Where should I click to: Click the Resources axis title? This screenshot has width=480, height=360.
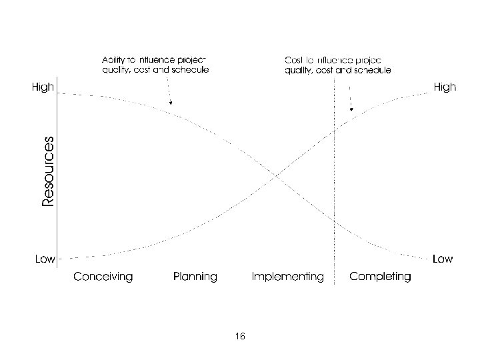point(47,171)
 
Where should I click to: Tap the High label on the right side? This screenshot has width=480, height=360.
point(445,87)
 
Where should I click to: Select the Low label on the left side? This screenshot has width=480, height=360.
point(44,259)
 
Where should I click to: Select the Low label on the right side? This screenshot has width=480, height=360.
point(443,258)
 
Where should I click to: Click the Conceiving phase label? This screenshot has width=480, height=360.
point(103,276)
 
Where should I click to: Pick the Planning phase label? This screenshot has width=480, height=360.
point(195,276)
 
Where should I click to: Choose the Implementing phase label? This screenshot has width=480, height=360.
point(287,276)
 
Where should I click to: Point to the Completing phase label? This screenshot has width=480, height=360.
point(380,276)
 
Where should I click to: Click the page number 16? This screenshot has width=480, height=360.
point(240,337)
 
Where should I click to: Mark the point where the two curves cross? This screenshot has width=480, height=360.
point(276,176)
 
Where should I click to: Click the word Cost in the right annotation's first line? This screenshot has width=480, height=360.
point(294,58)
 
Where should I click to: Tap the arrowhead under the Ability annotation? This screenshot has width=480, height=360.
point(171,103)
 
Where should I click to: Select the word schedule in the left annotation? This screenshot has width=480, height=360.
point(191,69)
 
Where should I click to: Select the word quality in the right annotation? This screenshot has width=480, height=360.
point(299,69)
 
